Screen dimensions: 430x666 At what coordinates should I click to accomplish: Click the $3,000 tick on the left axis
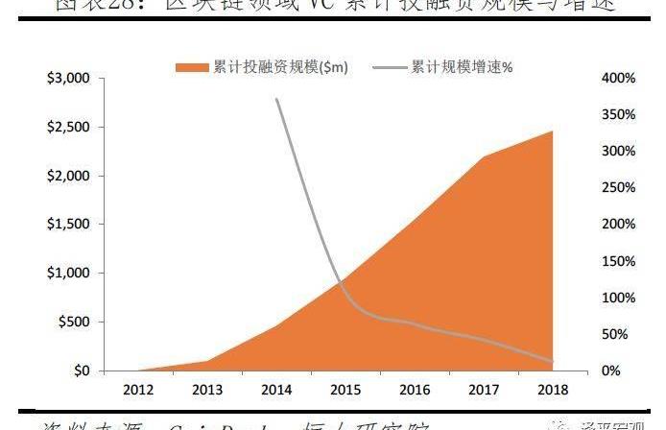(x=68, y=78)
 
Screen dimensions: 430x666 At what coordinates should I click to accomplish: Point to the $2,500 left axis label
(x=68, y=127)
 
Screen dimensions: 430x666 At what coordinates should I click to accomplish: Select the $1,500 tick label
(x=68, y=225)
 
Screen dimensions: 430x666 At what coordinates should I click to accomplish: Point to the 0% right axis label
(x=624, y=371)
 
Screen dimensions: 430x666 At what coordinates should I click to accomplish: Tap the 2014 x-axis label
(x=275, y=391)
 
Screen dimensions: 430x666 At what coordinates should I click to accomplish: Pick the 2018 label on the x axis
(x=551, y=391)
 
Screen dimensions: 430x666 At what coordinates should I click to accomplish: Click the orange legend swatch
(x=189, y=67)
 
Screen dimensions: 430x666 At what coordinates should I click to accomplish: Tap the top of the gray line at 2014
(x=276, y=99)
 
